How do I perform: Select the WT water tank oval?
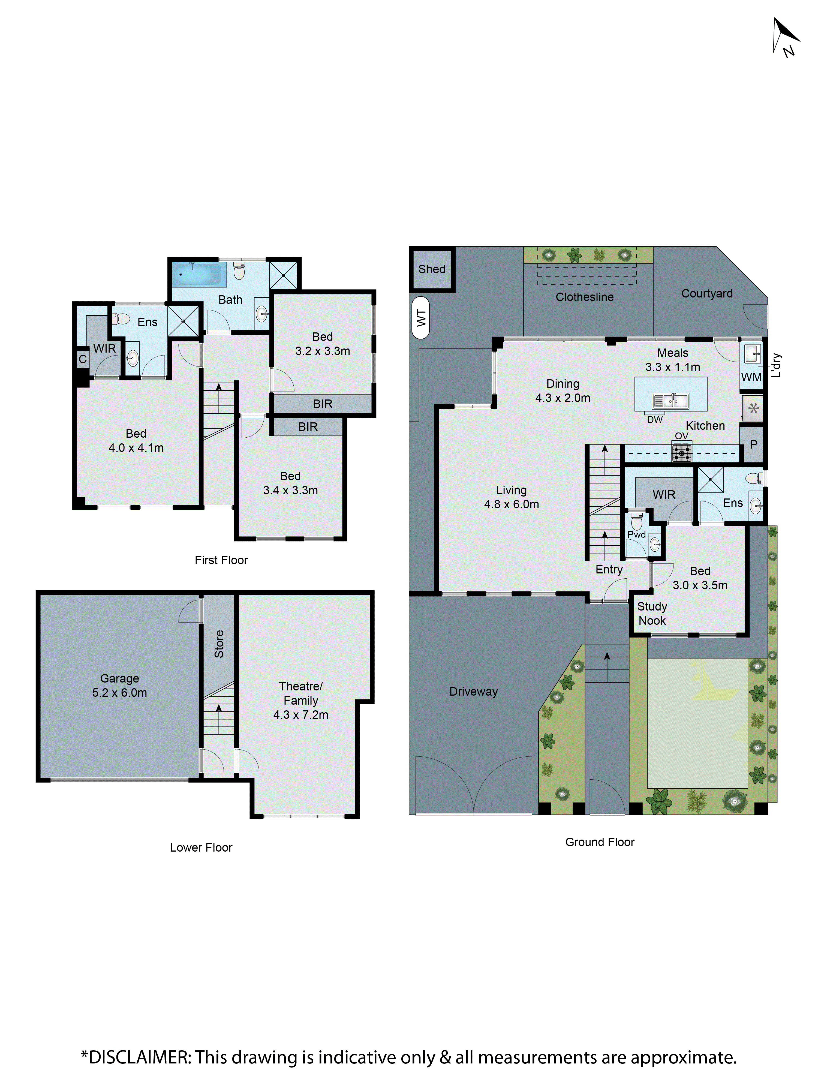point(420,317)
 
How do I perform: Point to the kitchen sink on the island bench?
point(670,401)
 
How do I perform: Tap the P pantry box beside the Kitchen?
point(753,444)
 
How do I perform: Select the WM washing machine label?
point(751,377)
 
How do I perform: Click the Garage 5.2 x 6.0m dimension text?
point(119,693)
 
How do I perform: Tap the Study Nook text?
point(652,614)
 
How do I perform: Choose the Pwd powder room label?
point(636,535)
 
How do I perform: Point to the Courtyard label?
point(706,293)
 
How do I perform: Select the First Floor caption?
point(221,560)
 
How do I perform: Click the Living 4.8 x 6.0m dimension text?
point(511,504)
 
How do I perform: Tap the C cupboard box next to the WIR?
point(82,359)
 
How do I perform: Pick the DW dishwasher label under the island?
point(655,420)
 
